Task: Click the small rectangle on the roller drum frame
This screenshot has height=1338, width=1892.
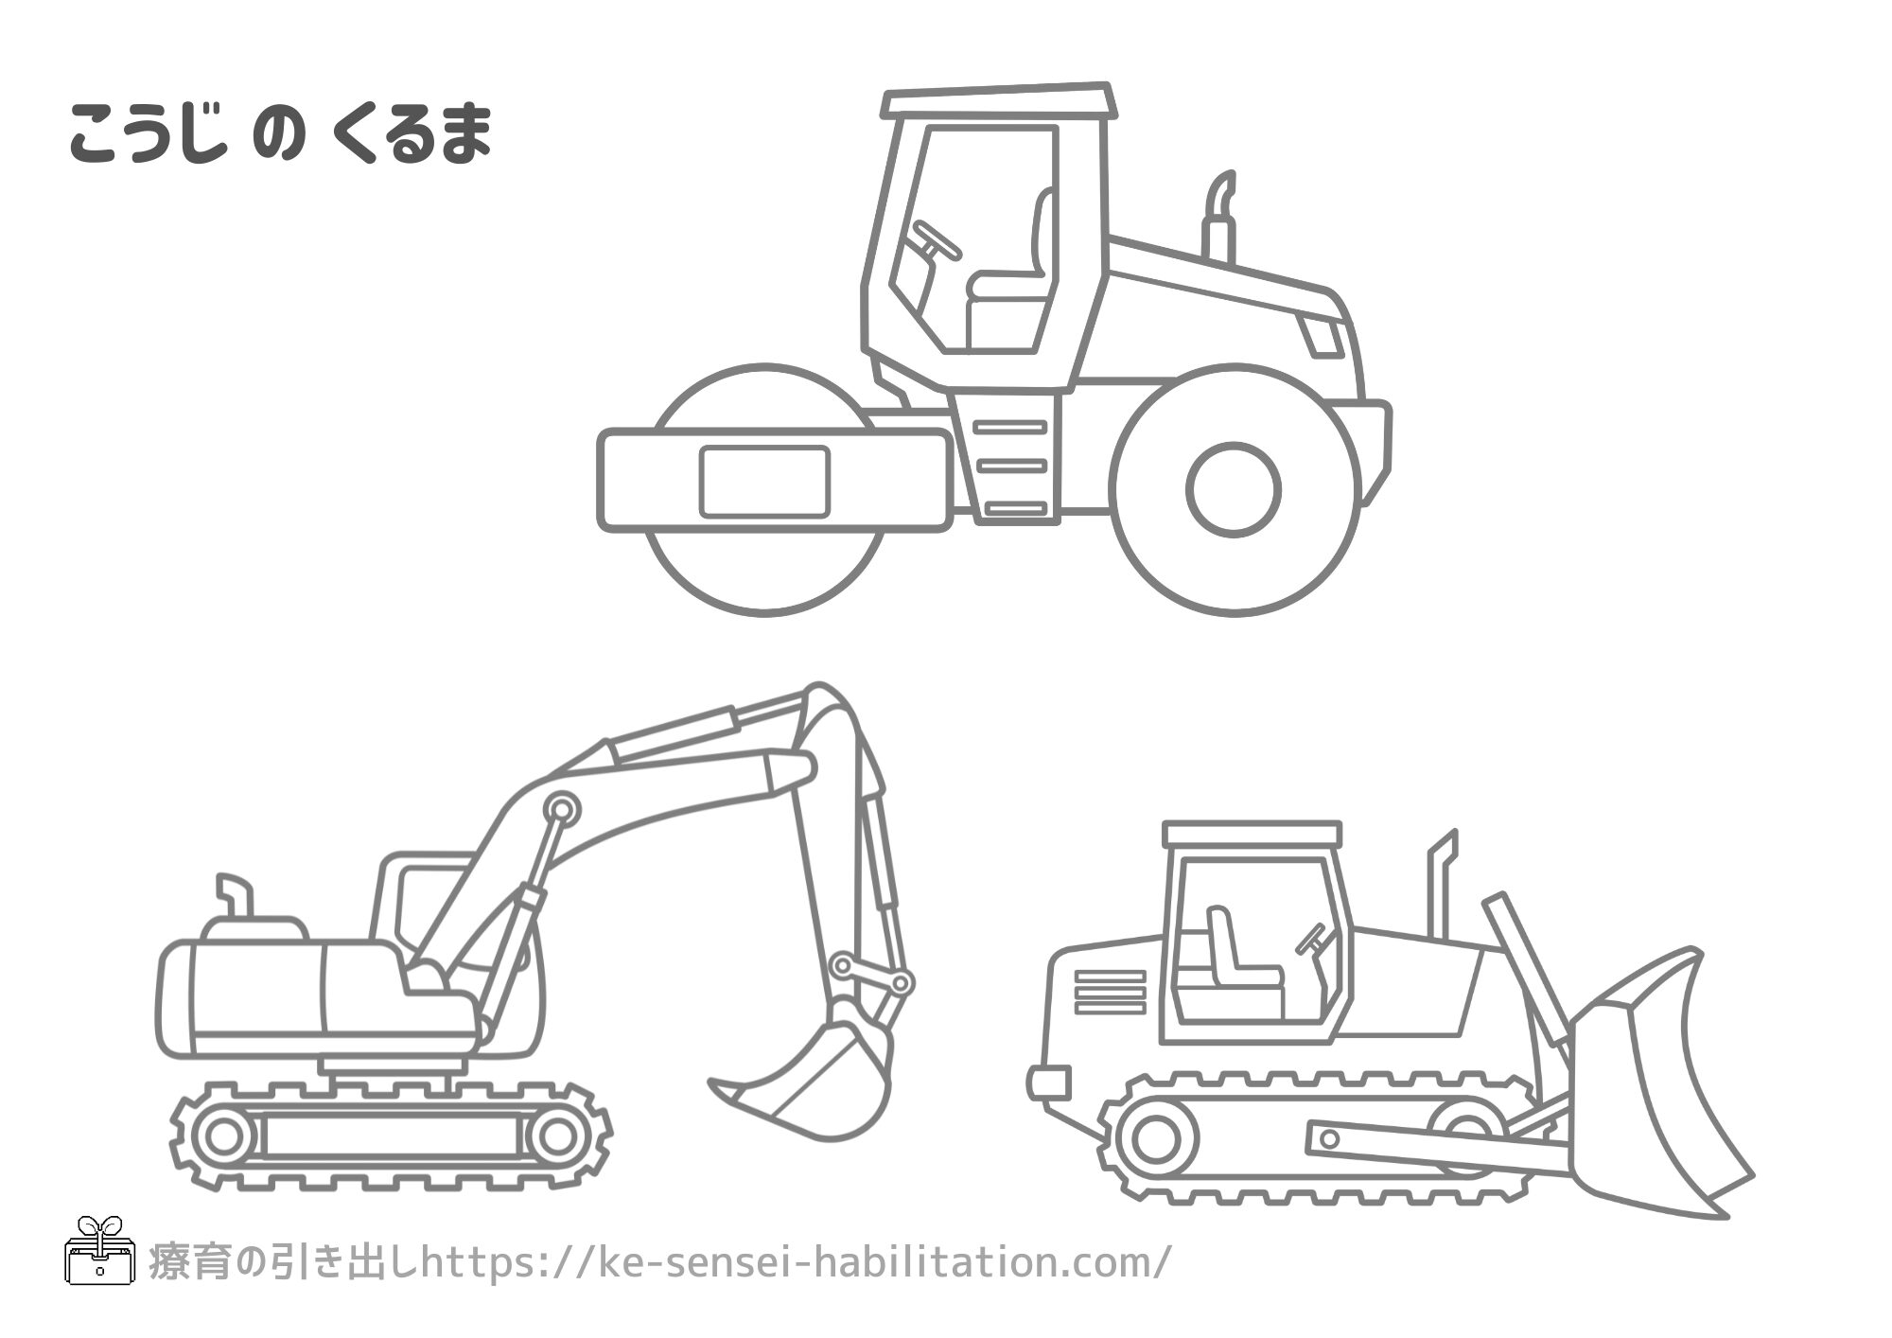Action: pos(764,482)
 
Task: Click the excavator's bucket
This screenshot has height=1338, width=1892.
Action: pos(823,1079)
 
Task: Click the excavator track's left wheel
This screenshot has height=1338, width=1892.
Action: pos(223,1135)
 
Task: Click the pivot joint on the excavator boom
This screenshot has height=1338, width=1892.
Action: pos(562,809)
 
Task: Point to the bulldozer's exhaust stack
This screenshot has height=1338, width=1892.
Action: pos(1442,885)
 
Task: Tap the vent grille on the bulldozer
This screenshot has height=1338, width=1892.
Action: pos(1110,991)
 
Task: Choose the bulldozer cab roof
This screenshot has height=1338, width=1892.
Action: pos(1252,834)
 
